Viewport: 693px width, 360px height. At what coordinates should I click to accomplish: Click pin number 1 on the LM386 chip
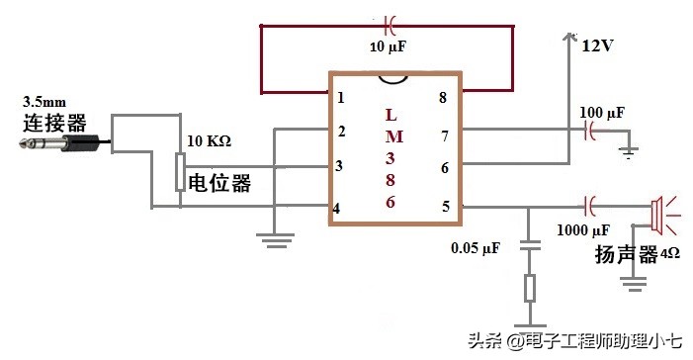click(341, 98)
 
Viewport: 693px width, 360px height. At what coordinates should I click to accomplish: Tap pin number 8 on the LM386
click(443, 97)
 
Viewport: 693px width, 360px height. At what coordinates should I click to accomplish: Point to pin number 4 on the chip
click(338, 208)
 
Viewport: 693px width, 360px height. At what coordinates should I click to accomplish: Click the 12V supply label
click(598, 45)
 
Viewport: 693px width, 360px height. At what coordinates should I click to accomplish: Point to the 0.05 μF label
click(475, 247)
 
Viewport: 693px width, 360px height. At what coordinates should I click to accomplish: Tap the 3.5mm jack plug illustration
click(59, 144)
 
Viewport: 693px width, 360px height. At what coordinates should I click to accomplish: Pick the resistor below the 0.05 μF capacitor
click(530, 289)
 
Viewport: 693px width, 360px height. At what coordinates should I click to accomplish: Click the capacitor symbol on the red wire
click(389, 24)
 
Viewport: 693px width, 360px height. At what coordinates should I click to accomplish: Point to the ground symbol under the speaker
click(633, 282)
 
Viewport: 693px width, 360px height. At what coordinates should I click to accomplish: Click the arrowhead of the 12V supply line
click(568, 37)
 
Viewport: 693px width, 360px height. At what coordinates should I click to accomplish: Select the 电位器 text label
click(219, 183)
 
